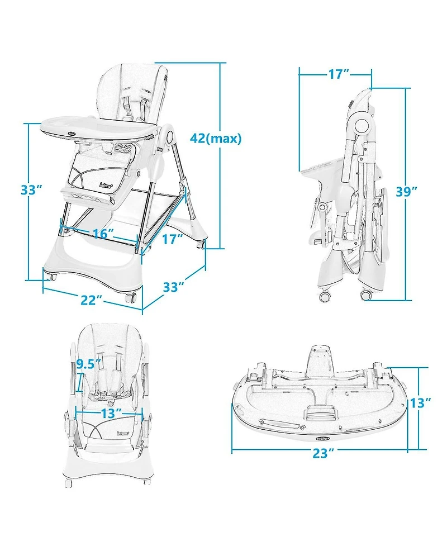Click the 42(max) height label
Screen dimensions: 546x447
pyautogui.click(x=216, y=139)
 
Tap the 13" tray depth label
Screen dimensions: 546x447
pyautogui.click(x=420, y=403)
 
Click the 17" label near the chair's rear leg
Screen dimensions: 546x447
pyautogui.click(x=173, y=239)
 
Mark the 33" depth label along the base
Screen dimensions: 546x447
pyautogui.click(x=173, y=287)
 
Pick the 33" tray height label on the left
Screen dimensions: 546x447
pyautogui.click(x=32, y=189)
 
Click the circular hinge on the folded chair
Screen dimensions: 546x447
pyautogui.click(x=360, y=125)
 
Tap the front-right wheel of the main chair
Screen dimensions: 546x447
pyautogui.click(x=131, y=297)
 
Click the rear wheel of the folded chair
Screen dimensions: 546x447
pyautogui.click(x=366, y=295)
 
